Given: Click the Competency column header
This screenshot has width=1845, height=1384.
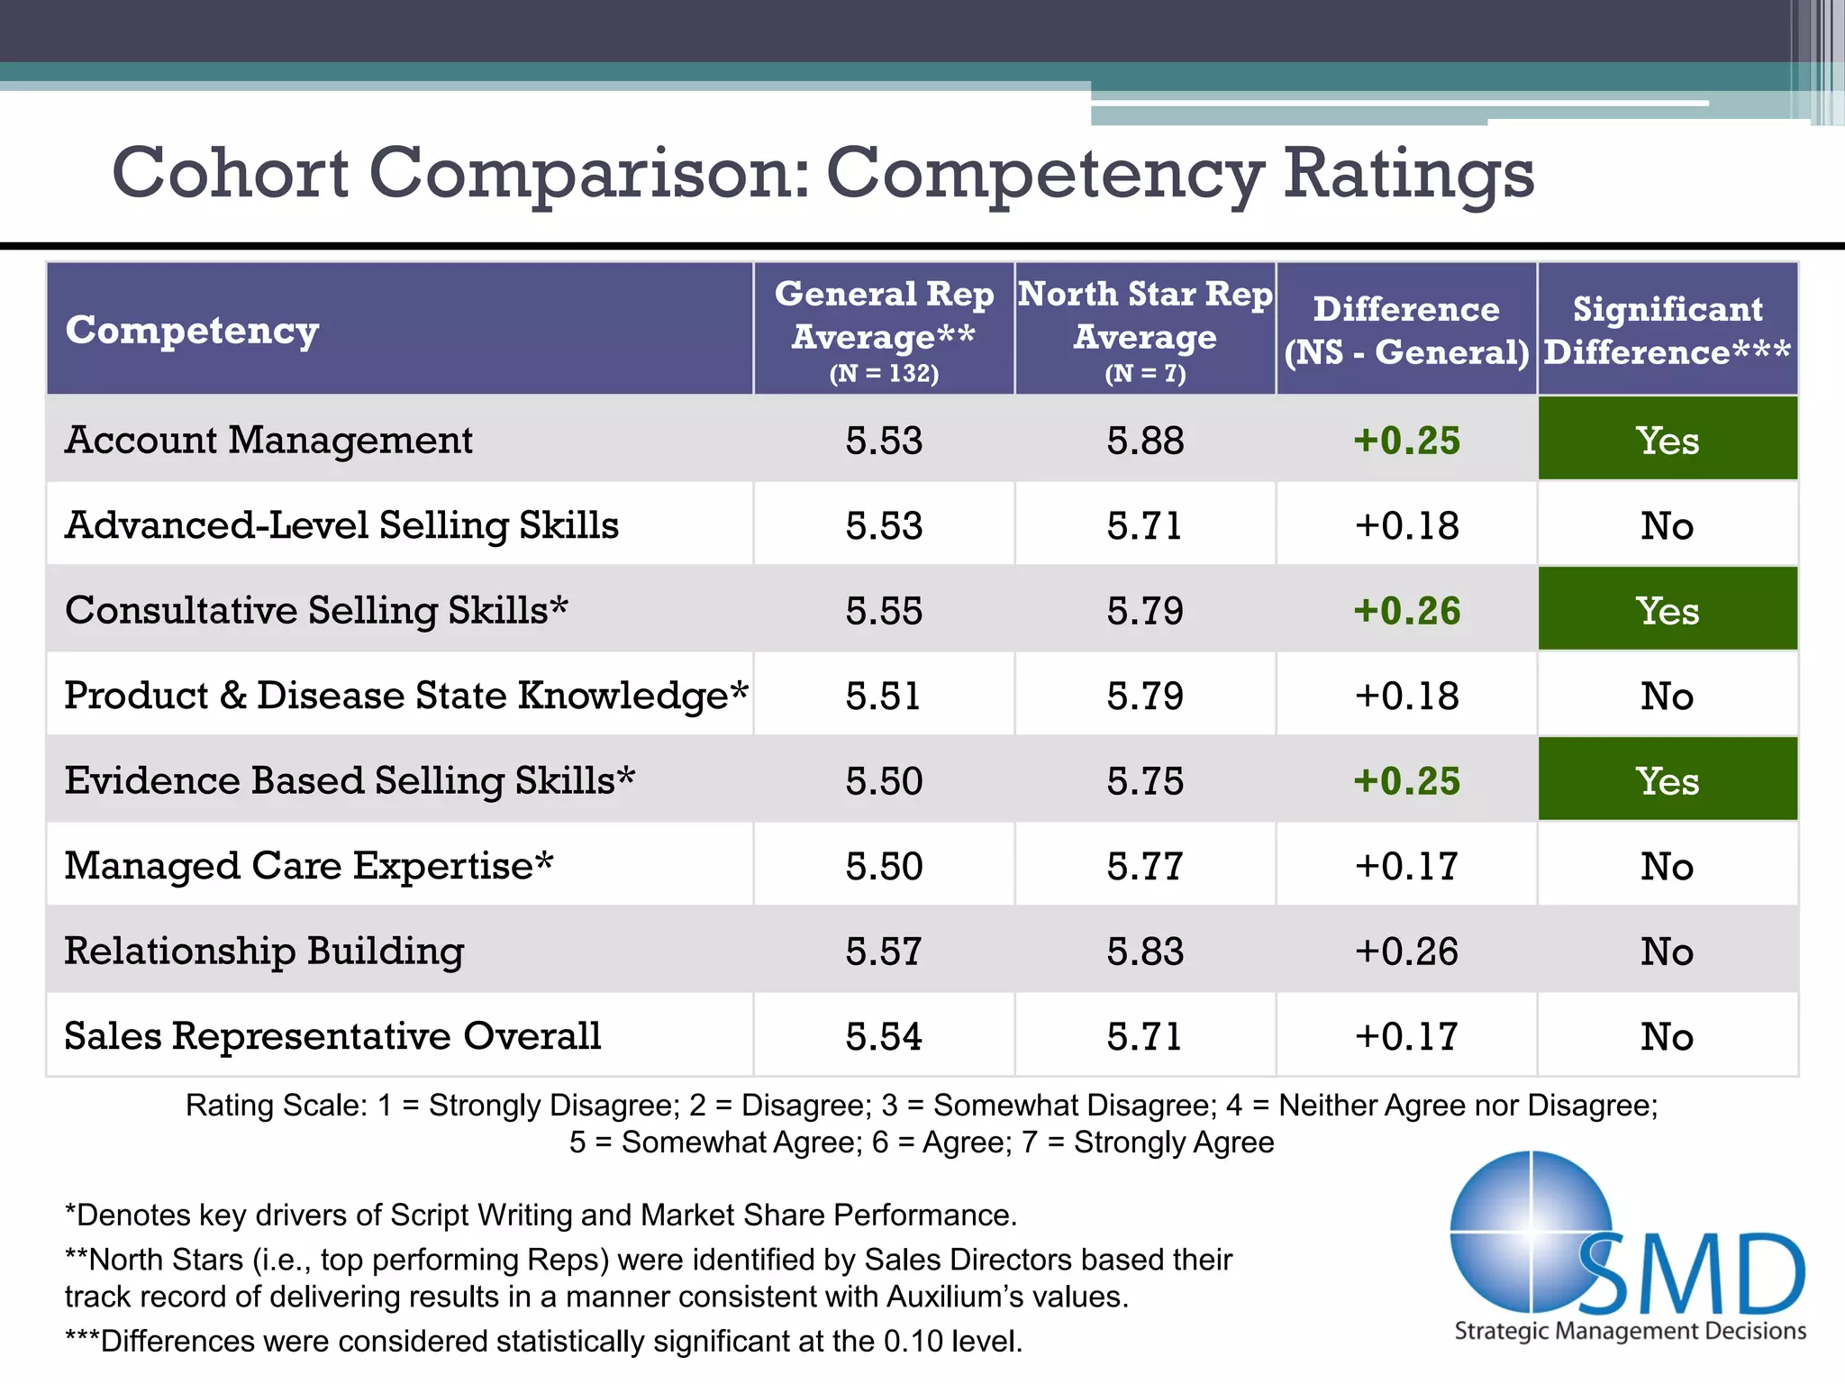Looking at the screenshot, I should tap(192, 330).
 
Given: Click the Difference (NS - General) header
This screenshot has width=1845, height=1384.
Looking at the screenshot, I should tap(1406, 330).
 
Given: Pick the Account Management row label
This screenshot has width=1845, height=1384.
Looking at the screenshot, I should tap(268, 440).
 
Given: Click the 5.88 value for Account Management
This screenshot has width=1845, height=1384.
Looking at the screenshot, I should tap(1145, 441).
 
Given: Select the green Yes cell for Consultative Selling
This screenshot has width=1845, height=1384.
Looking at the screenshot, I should tap(1668, 610).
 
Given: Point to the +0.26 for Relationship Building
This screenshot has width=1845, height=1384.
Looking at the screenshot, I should tap(1406, 951).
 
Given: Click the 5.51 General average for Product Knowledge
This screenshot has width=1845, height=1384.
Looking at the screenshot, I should tap(884, 696).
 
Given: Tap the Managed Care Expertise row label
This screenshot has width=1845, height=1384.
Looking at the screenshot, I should tap(308, 866).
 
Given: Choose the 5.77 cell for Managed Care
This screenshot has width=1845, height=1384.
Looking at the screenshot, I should tap(1145, 866).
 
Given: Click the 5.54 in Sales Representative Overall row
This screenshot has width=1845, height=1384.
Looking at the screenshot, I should tap(884, 1036).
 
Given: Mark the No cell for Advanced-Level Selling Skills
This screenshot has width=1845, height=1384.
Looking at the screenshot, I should tap(1668, 525).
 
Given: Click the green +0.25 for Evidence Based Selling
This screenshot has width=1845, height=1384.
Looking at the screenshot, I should tap(1406, 780).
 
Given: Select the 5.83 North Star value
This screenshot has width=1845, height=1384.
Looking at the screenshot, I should tap(1145, 951).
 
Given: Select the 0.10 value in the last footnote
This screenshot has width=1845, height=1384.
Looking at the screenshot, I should tap(913, 1342).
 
